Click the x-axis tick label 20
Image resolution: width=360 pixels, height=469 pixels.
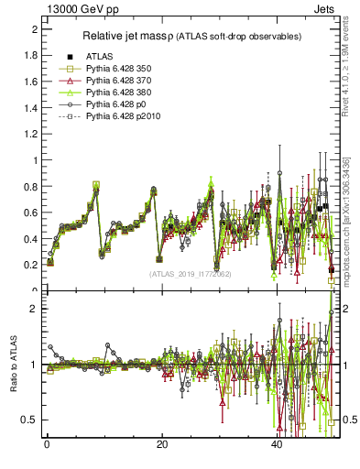pos(161,445)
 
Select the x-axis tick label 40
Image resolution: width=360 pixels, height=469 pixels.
pos(277,445)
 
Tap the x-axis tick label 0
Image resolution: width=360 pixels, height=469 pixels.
pos(47,445)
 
